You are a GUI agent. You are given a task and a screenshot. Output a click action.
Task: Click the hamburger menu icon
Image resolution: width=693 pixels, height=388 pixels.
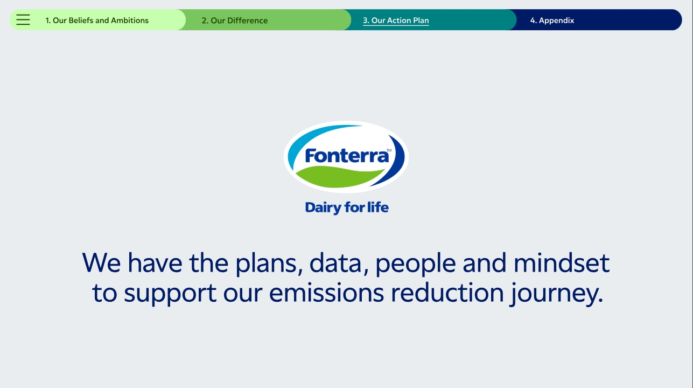pyautogui.click(x=23, y=20)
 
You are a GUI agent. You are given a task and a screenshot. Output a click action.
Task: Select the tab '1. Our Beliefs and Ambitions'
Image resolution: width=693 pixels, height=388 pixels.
pyautogui.click(x=97, y=20)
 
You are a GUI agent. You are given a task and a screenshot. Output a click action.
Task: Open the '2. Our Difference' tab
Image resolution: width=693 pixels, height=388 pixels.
pyautogui.click(x=235, y=20)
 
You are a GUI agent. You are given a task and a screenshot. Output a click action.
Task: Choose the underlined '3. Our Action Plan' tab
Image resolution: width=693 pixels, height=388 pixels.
pyautogui.click(x=396, y=20)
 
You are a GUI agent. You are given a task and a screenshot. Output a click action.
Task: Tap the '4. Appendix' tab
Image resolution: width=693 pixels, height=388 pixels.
pyautogui.click(x=552, y=20)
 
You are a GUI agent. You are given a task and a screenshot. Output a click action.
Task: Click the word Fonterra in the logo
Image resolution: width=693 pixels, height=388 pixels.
pyautogui.click(x=347, y=156)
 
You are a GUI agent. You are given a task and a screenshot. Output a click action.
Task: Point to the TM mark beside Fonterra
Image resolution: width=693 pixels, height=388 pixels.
pyautogui.click(x=389, y=150)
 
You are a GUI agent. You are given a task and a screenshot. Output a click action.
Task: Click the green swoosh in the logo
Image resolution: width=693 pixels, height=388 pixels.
pyautogui.click(x=339, y=177)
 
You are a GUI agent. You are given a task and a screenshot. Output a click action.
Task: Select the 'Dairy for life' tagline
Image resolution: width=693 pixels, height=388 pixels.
pyautogui.click(x=347, y=207)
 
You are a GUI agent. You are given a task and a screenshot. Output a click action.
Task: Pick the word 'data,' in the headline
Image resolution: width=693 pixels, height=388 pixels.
pyautogui.click(x=339, y=263)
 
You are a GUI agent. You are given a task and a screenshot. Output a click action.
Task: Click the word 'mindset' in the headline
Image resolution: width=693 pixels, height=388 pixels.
pyautogui.click(x=562, y=262)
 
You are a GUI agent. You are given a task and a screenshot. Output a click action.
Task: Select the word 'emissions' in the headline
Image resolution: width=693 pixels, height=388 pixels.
pyautogui.click(x=326, y=293)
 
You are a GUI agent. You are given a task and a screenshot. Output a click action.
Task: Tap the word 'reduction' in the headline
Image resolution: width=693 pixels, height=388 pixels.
pyautogui.click(x=447, y=293)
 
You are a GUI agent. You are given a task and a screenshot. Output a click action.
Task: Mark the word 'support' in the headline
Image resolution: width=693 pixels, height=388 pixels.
pyautogui.click(x=170, y=294)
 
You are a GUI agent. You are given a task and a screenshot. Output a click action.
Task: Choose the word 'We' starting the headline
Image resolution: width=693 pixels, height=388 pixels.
pyautogui.click(x=101, y=262)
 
